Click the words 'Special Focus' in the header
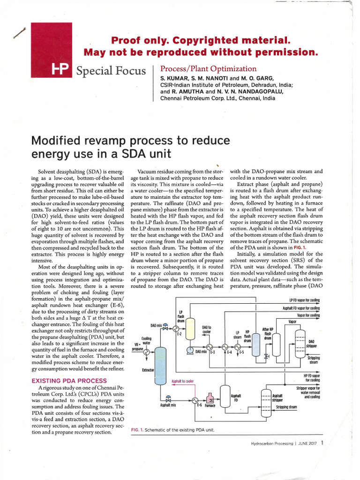[111, 70]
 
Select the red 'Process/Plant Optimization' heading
[209, 68]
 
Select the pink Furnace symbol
[211, 400]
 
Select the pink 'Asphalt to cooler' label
[182, 381]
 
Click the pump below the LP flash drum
[190, 350]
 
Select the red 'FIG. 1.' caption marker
[136, 430]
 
